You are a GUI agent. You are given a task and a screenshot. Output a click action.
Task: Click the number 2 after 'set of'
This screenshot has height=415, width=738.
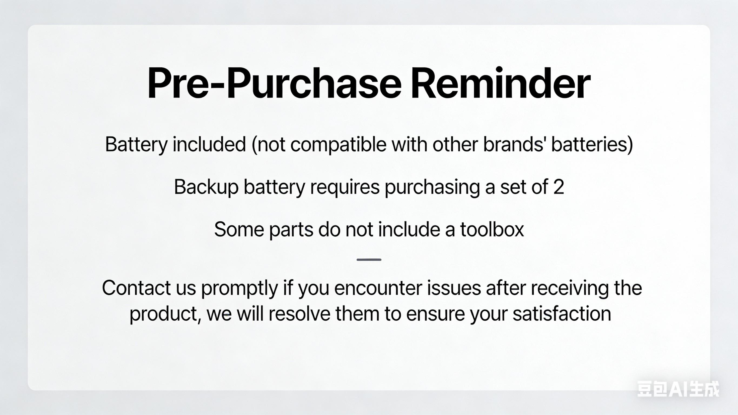[x=559, y=187]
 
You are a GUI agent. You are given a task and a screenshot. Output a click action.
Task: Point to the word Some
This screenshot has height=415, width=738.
[x=239, y=229]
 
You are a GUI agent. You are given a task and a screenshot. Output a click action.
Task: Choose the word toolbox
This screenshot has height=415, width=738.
[x=492, y=229]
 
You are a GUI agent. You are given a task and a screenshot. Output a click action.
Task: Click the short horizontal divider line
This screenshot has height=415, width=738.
[x=369, y=260]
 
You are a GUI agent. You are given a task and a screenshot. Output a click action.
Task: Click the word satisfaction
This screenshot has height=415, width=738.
[x=562, y=314]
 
